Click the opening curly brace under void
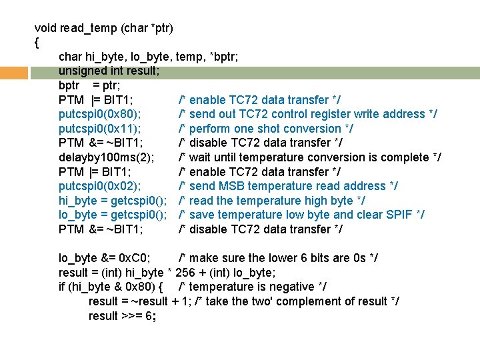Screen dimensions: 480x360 click(x=37, y=43)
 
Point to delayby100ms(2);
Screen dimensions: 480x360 click(x=107, y=157)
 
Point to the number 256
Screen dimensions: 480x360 click(x=185, y=273)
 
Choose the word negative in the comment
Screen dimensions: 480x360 click(x=290, y=287)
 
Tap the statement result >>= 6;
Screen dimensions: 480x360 click(x=123, y=316)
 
